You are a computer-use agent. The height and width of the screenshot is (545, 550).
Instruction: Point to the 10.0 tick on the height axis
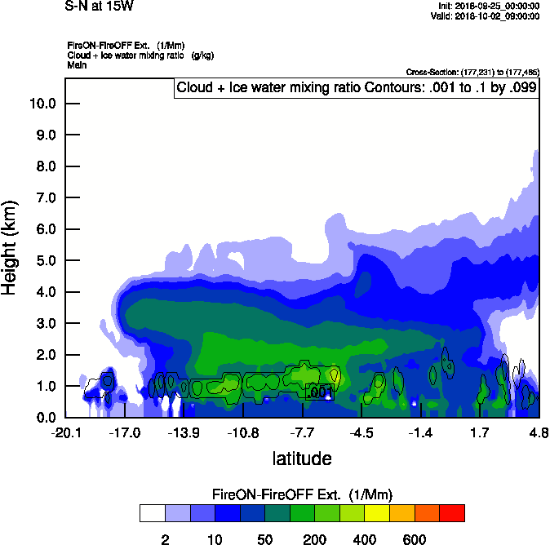coord(42,104)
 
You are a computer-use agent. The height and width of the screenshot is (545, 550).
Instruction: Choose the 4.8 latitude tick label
coord(538,432)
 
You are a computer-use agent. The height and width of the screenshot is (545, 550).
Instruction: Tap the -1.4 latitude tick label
coord(420,432)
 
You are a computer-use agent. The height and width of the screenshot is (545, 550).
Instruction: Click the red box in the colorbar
coord(452,512)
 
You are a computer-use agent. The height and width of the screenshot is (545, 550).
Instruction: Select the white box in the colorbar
coord(152,512)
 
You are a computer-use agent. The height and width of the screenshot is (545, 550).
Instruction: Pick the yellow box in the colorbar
coord(377,512)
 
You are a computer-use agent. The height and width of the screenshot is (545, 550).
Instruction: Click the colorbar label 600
coord(415,538)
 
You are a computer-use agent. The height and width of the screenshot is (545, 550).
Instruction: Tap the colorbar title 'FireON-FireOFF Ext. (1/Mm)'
coord(300,494)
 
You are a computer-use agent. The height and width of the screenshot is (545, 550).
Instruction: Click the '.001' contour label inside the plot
coord(320,392)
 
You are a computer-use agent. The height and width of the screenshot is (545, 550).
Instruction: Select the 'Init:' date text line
coord(488,6)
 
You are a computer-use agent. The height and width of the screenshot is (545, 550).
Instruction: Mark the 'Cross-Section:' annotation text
coord(472,72)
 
